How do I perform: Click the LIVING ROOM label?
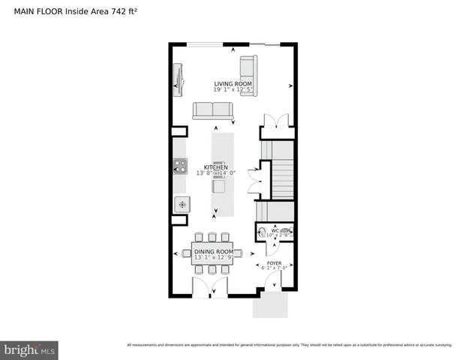tap(232, 83)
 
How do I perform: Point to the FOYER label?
tap(274, 263)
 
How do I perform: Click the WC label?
tap(275, 230)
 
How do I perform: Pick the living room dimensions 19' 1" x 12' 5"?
tap(232, 90)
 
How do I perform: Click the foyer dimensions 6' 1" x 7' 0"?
tap(274, 269)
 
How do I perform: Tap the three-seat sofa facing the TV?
tap(213, 110)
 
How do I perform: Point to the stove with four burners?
tap(181, 165)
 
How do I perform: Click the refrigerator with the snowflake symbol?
tap(182, 203)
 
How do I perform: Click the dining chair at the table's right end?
tap(240, 253)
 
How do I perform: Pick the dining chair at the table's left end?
tap(187, 253)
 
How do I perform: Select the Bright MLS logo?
tap(29, 349)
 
